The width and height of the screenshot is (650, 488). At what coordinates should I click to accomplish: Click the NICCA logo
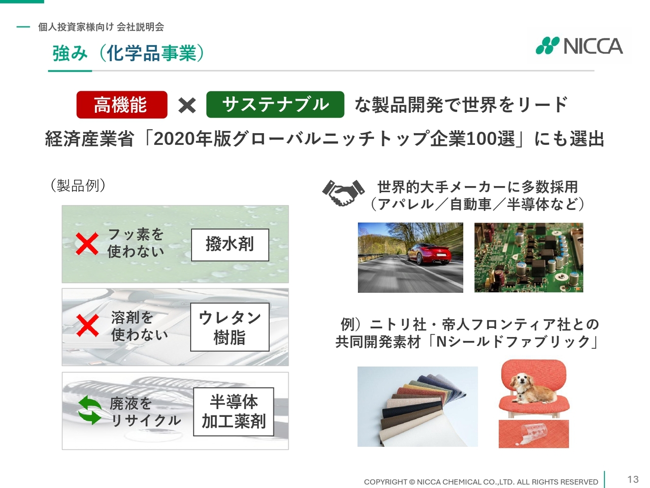click(x=579, y=46)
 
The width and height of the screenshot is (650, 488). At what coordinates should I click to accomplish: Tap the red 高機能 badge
click(x=122, y=105)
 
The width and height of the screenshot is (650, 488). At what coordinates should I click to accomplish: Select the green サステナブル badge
click(x=275, y=105)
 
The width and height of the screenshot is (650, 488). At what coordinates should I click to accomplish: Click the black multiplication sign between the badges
click(x=187, y=106)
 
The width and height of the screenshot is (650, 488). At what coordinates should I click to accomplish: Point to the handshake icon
click(x=343, y=192)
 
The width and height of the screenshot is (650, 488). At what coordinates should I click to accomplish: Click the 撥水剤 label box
click(x=230, y=245)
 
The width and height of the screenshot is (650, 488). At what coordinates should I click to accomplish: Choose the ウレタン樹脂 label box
click(x=230, y=327)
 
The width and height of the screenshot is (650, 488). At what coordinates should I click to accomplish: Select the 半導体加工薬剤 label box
click(x=234, y=412)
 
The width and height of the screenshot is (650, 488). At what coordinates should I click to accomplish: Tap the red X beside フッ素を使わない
click(x=87, y=243)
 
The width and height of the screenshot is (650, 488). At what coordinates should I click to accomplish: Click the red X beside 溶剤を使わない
click(x=88, y=326)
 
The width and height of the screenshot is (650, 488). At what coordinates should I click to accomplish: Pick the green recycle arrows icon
click(x=90, y=410)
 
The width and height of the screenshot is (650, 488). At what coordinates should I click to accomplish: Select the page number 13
click(x=633, y=479)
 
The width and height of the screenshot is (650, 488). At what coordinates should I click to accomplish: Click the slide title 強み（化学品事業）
click(x=128, y=53)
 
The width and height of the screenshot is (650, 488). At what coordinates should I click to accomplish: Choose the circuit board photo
click(x=529, y=258)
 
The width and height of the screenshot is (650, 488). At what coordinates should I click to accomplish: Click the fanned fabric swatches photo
click(x=417, y=407)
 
